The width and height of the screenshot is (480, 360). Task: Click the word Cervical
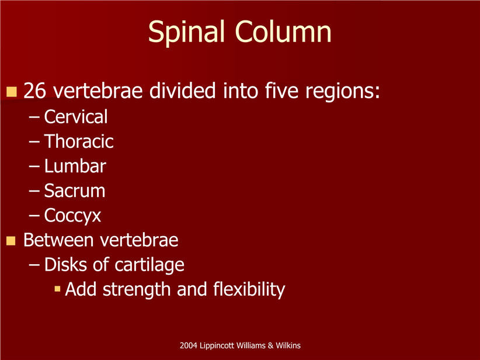75,117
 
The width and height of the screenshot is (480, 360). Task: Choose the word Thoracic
79,141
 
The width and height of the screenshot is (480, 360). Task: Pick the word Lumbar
75,166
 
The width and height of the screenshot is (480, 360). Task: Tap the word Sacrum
74,191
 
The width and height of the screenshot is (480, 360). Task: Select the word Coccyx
72,216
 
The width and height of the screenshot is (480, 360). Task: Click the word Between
59,240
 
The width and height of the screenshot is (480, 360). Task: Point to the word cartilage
149,265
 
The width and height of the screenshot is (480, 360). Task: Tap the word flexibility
249,290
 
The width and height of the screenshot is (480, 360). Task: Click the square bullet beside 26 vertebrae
11,92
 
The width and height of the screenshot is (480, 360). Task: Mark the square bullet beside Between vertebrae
11,241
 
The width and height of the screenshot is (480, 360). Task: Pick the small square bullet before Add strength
57,289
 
